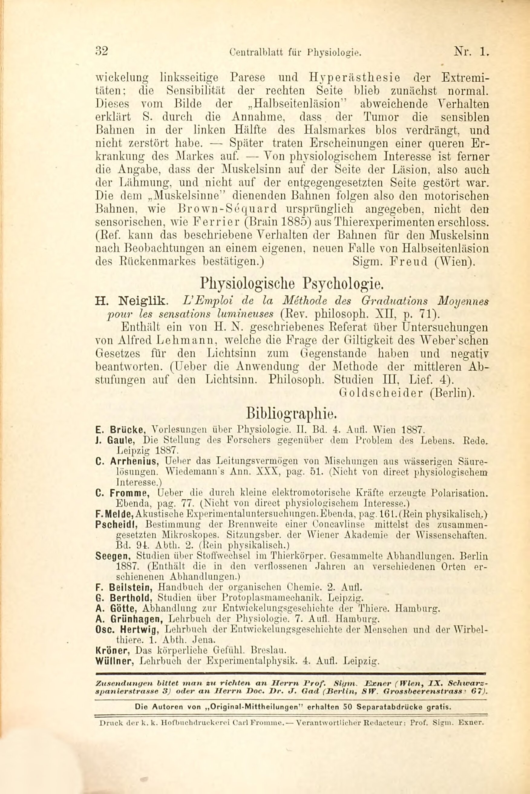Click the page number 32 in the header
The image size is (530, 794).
(x=102, y=51)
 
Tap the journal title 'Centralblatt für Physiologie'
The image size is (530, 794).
(x=294, y=52)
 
